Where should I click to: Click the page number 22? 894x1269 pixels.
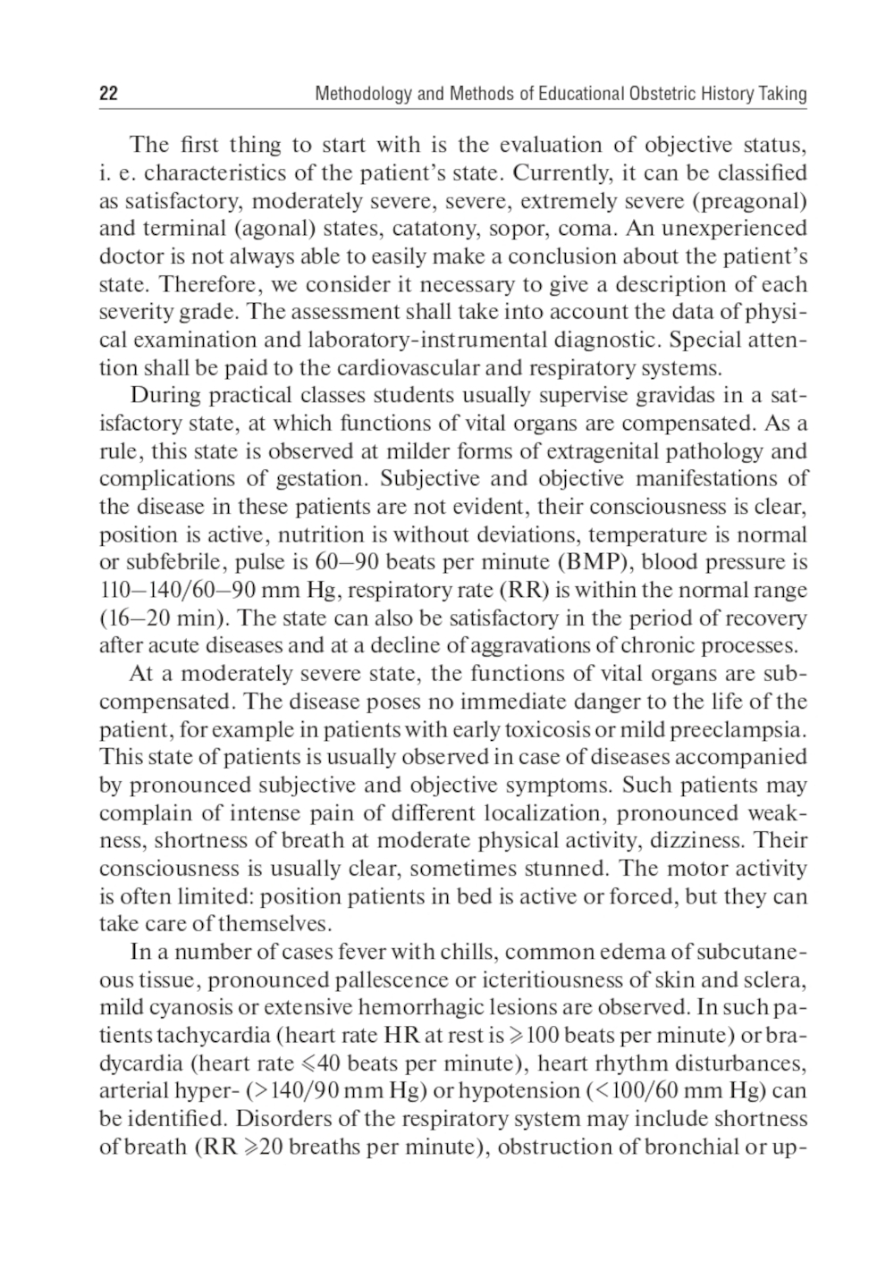pyautogui.click(x=108, y=94)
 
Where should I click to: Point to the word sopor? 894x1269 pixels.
pyautogui.click(x=519, y=228)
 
